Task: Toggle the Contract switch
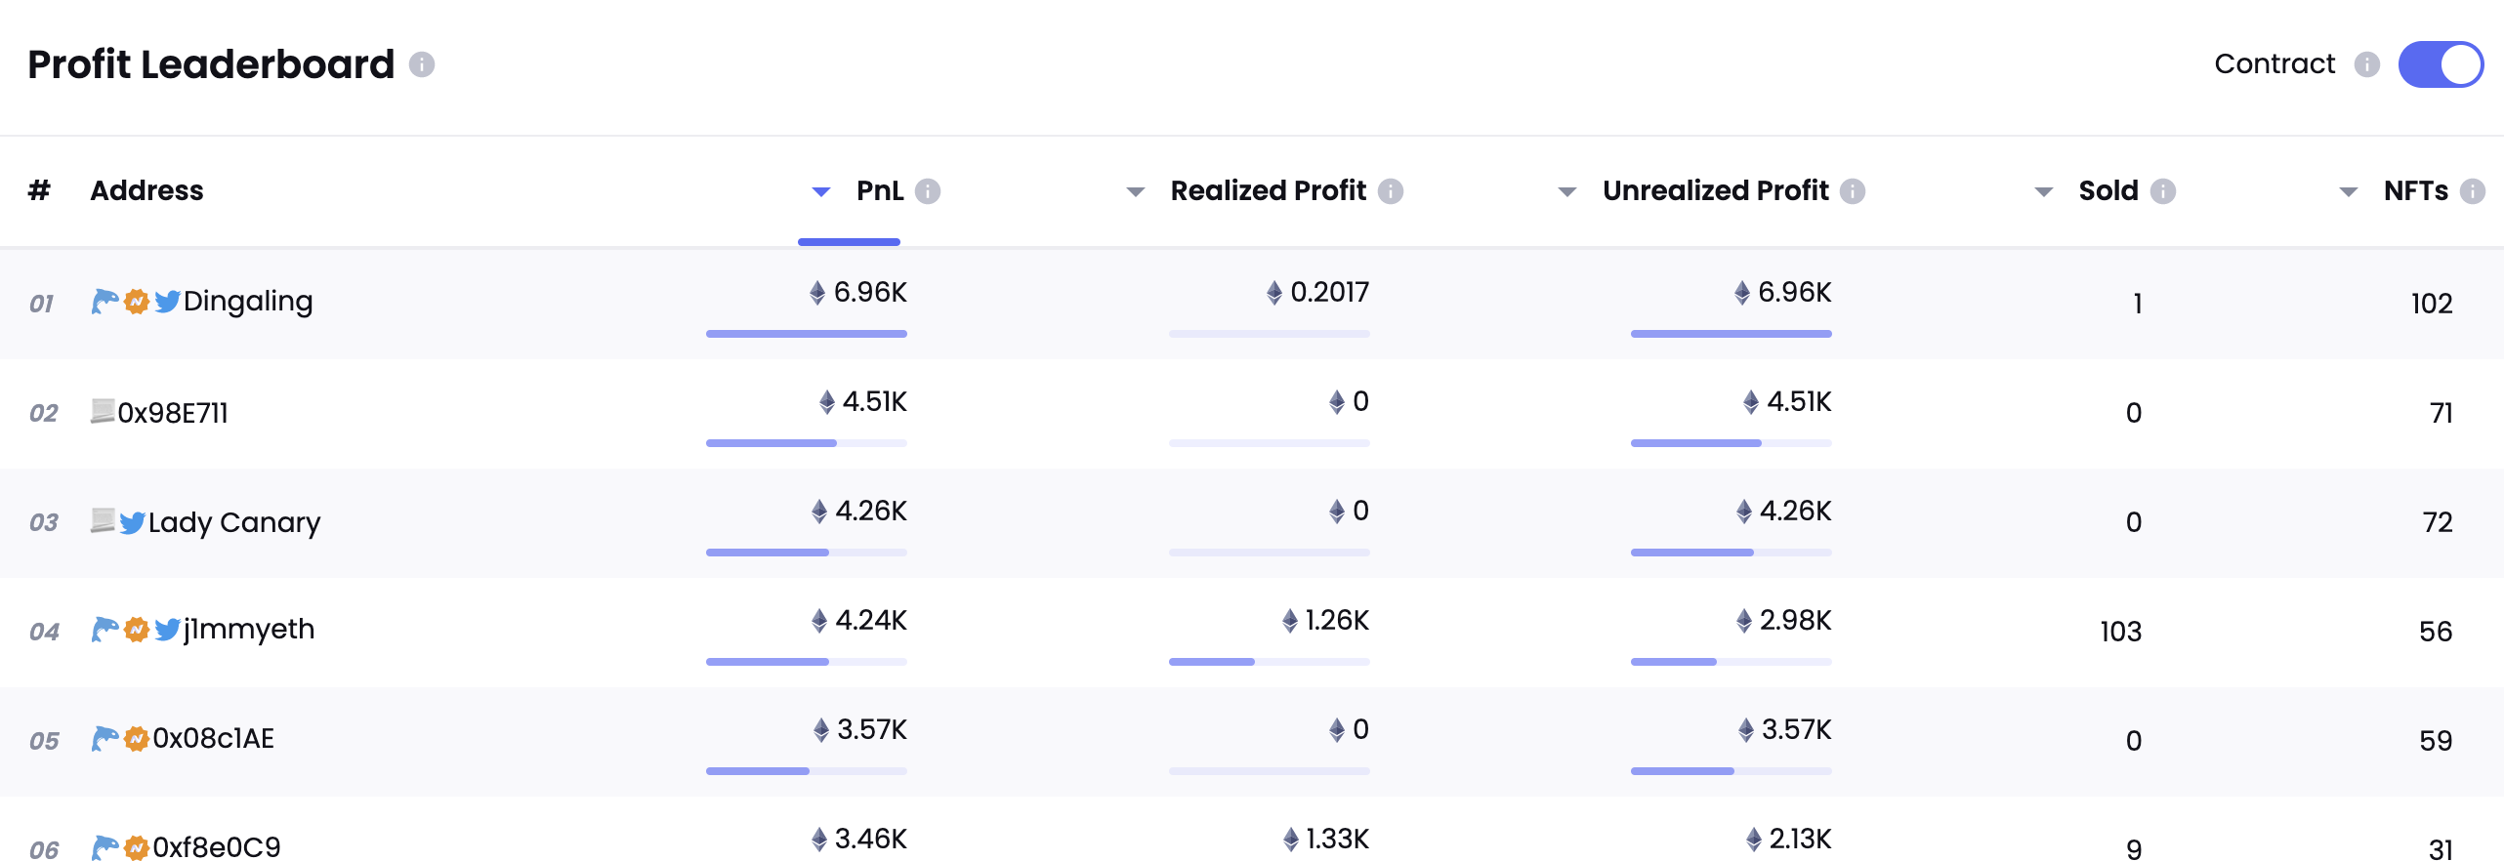tap(2440, 64)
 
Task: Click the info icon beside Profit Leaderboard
tap(422, 64)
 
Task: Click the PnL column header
tap(879, 190)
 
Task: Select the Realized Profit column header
tap(1268, 190)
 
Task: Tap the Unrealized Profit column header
tap(1715, 190)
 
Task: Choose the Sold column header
tap(2108, 190)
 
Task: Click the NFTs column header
tap(2415, 190)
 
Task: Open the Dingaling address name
tap(248, 302)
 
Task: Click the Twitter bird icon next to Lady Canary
tap(132, 523)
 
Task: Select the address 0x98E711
tap(173, 413)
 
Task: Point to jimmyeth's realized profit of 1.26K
tap(1336, 620)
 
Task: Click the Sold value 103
tap(2120, 632)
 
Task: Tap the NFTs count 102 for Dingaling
tap(2431, 304)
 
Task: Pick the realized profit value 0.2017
tap(1329, 292)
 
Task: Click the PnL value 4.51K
tap(874, 401)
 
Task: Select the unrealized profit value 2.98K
tap(1795, 620)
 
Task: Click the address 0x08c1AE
tap(213, 739)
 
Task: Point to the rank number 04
tap(44, 632)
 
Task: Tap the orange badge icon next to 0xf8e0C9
tap(137, 847)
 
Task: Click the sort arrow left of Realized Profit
tap(1135, 191)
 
